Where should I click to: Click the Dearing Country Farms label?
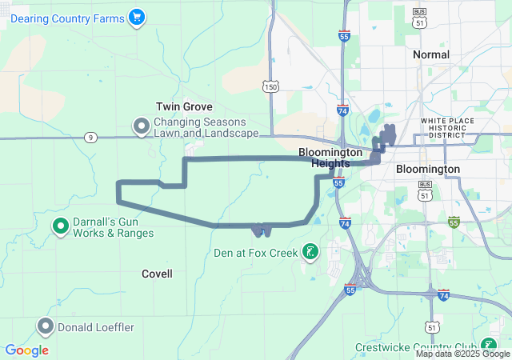click(x=67, y=18)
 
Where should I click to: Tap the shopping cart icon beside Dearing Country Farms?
click(x=136, y=17)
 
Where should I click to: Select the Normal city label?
click(x=430, y=54)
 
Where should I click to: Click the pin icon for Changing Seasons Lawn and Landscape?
click(x=142, y=126)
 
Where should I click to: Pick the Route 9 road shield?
click(x=90, y=138)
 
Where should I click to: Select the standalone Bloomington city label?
click(x=428, y=170)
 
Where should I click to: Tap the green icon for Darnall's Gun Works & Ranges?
click(x=60, y=226)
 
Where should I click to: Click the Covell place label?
click(x=157, y=274)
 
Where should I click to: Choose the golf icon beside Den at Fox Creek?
click(x=309, y=254)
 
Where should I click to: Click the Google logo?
click(x=26, y=350)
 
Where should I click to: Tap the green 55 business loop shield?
click(x=454, y=222)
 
